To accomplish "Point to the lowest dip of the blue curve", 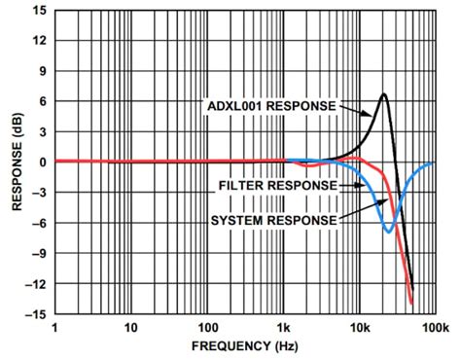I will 389,232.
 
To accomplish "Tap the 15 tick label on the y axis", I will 38,12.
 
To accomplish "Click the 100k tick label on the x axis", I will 435,328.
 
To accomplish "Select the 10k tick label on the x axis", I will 360,328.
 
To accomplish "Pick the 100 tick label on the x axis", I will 206,328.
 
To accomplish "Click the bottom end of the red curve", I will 411,303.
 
